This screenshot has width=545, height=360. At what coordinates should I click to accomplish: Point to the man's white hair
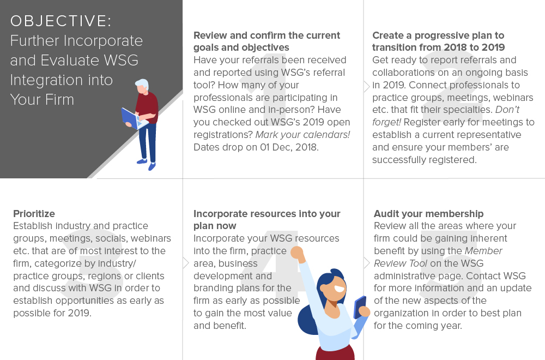[143, 84]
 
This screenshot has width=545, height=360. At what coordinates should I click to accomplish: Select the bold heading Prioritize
[34, 214]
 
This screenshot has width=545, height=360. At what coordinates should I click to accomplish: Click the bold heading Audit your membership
[428, 214]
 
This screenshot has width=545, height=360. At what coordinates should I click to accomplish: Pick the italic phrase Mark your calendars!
[302, 135]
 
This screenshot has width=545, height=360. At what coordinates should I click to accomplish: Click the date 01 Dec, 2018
[289, 147]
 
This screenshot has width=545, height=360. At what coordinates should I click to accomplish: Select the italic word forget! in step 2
[386, 122]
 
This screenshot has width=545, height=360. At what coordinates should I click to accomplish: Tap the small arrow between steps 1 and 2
[367, 87]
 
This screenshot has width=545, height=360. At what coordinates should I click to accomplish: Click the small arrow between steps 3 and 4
[186, 262]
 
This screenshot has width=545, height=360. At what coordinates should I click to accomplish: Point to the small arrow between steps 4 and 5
[367, 262]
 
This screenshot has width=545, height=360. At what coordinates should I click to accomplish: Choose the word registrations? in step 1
[223, 135]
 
